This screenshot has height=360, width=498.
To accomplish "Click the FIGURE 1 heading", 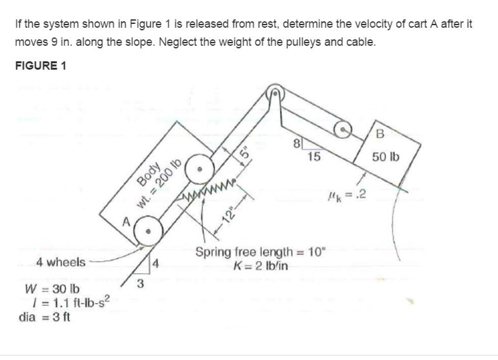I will [40, 66].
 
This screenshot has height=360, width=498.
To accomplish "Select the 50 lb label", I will [386, 157].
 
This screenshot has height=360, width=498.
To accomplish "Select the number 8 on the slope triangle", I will [296, 144].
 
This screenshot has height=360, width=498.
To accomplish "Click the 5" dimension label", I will [244, 154].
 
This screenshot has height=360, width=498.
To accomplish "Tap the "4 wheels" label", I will [60, 261].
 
